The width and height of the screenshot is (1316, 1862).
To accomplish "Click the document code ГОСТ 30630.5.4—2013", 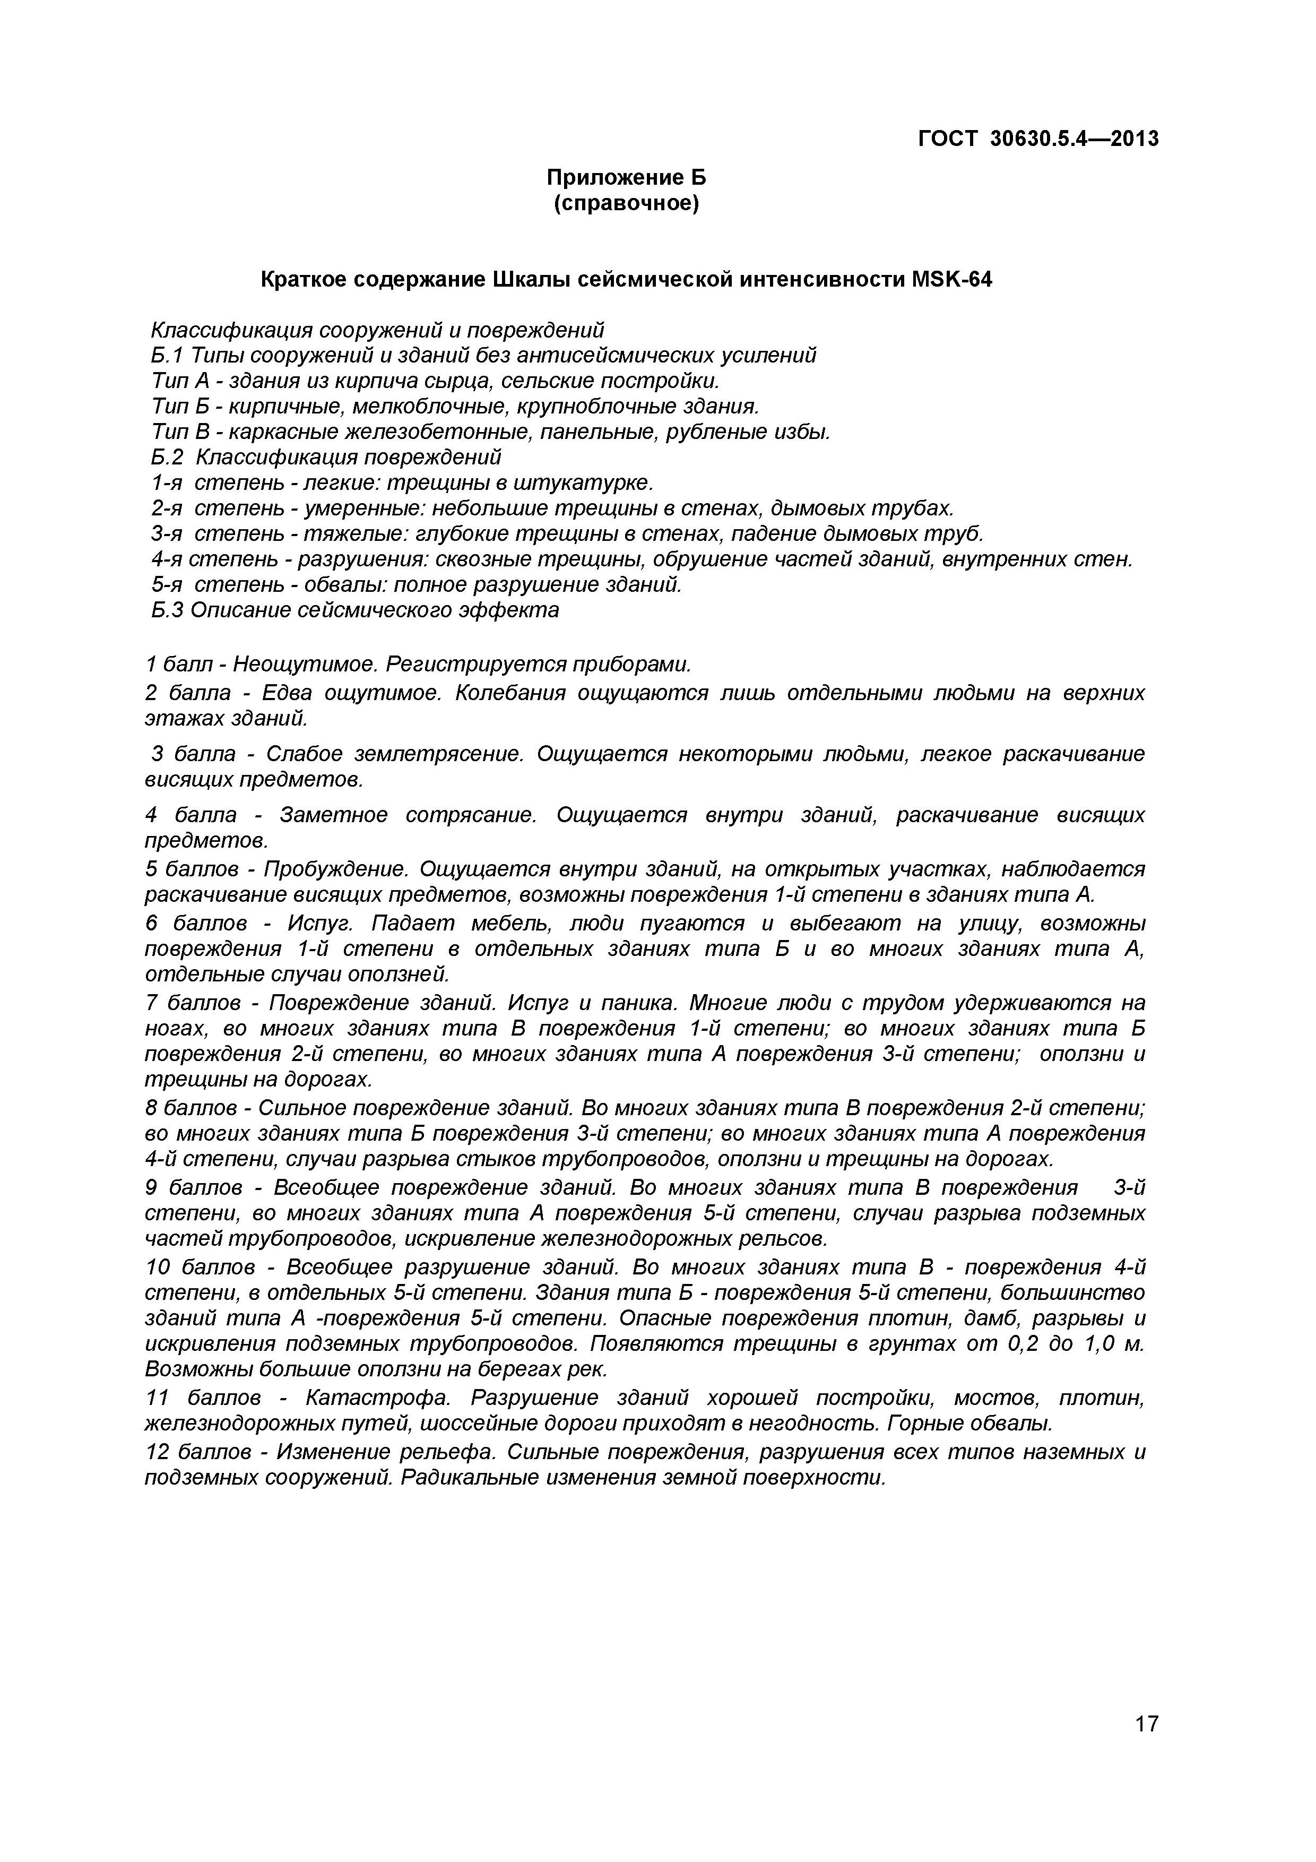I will tap(1038, 140).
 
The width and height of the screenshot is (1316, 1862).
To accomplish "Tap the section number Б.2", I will tap(168, 458).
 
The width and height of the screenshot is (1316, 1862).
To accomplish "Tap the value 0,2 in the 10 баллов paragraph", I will tap(1024, 1344).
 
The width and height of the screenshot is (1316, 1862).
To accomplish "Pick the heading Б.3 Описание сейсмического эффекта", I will tap(354, 610).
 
